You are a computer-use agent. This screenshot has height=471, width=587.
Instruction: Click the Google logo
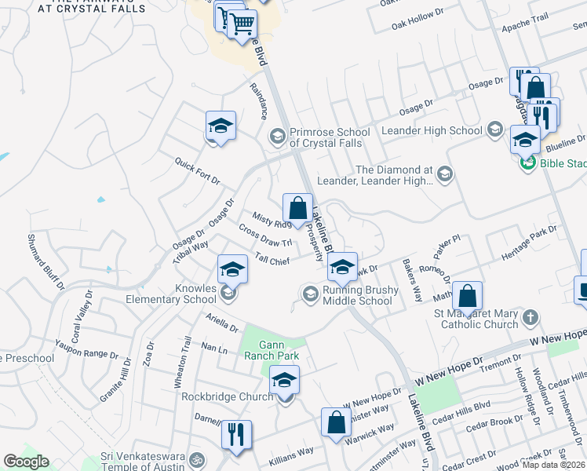click(x=26, y=462)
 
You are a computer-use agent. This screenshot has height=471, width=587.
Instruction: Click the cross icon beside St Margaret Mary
click(x=531, y=318)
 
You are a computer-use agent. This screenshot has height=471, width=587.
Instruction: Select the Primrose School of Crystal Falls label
click(x=330, y=137)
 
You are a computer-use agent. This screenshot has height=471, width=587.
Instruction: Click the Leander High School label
click(x=431, y=130)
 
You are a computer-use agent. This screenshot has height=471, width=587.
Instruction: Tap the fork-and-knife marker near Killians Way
click(x=236, y=434)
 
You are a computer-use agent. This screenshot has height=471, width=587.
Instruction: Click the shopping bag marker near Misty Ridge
click(x=297, y=210)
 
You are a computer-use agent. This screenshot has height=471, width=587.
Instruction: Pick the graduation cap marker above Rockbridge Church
click(x=284, y=382)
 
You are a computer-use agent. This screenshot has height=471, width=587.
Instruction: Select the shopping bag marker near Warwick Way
click(x=336, y=422)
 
